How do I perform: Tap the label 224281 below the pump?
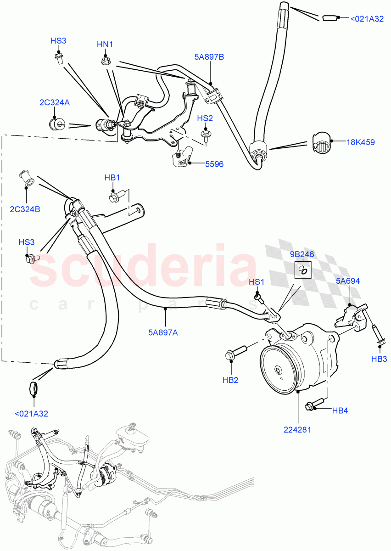pyautogui.click(x=298, y=430)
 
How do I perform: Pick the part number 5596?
pyautogui.click(x=214, y=164)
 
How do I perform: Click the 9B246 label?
pyautogui.click(x=302, y=253)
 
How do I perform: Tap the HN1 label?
pyautogui.click(x=105, y=44)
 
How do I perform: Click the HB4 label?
pyautogui.click(x=340, y=410)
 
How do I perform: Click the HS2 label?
pyautogui.click(x=205, y=118)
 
